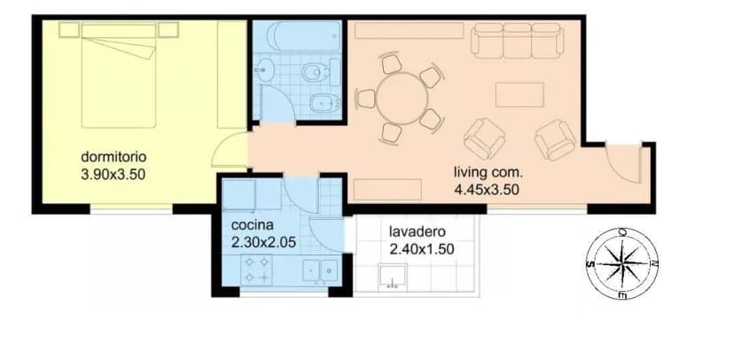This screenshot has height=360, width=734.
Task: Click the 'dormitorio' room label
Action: pos(113,156)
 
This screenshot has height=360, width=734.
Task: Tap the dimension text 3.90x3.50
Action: pos(113,175)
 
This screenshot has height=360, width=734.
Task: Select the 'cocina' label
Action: pos(253,224)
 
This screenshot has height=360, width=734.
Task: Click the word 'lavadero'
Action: pos(418,231)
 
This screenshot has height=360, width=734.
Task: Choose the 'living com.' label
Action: pos(488,172)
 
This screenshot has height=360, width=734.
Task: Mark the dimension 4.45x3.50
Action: pos(487,190)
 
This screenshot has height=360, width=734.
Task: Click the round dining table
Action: pos(402,98)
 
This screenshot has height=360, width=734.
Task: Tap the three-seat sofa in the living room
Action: pos(517,41)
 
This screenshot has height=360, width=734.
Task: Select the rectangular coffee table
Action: pos(519,95)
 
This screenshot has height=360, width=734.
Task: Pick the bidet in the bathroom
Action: pos(324,103)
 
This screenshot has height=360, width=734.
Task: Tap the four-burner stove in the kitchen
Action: pos(256,270)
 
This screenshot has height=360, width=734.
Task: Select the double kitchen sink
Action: pos(321,270)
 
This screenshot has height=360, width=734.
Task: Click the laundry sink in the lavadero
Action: pos(393,275)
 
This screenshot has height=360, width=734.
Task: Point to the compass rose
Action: pos(622,263)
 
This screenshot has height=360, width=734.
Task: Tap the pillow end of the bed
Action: pos(119,31)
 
